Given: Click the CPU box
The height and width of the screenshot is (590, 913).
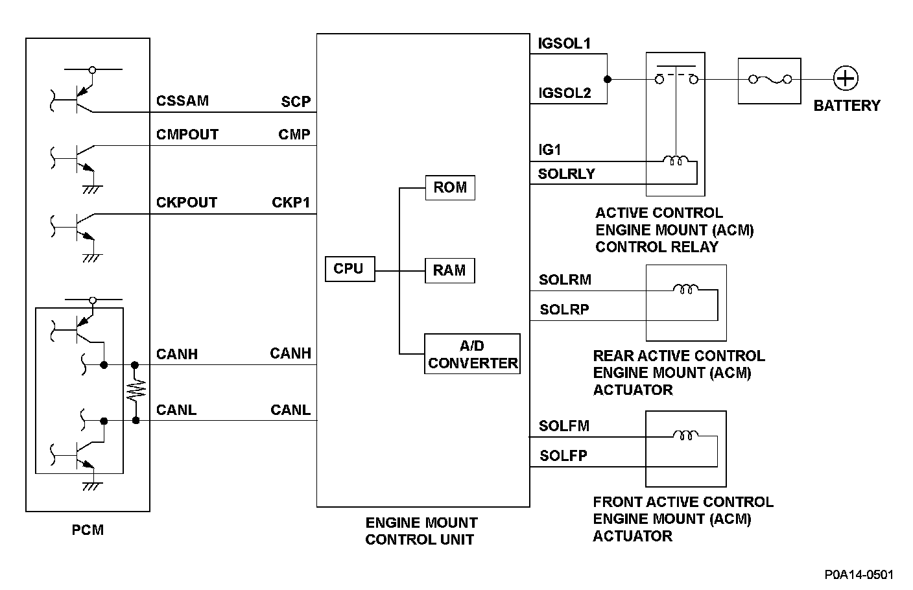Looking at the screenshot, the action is click(x=350, y=269).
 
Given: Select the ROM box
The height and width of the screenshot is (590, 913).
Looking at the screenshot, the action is click(x=450, y=188).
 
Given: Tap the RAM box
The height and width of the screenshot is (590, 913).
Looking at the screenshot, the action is click(x=449, y=270).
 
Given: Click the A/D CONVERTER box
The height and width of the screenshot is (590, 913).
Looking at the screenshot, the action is click(x=472, y=354).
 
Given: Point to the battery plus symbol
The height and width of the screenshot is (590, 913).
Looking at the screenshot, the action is click(x=846, y=78).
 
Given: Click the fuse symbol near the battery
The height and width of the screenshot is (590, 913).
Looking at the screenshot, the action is click(x=770, y=80).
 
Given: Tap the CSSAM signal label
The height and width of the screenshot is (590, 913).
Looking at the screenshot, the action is click(x=182, y=100).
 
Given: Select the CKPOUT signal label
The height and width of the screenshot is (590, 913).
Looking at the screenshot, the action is click(x=187, y=202).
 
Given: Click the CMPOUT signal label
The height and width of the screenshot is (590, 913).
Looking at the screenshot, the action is click(x=187, y=134).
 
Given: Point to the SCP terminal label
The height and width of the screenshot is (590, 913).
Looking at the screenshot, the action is click(x=296, y=101).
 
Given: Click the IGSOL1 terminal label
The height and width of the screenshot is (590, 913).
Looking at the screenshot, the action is click(x=564, y=43).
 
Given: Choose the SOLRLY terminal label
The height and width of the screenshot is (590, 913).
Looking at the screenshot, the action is click(x=566, y=174).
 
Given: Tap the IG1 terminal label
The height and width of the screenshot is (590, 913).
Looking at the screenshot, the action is click(x=549, y=150).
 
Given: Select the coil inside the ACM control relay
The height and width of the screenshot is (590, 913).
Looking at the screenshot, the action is click(x=676, y=160).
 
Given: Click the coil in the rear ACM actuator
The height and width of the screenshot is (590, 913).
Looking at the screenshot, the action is click(x=685, y=289).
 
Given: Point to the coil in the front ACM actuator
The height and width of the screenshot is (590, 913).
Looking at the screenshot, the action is click(x=685, y=435).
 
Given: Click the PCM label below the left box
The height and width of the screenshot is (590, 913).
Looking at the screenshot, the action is click(x=88, y=530).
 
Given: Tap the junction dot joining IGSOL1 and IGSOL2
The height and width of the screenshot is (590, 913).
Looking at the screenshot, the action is click(x=608, y=80).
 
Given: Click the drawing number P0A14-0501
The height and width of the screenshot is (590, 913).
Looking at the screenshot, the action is click(x=859, y=574).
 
